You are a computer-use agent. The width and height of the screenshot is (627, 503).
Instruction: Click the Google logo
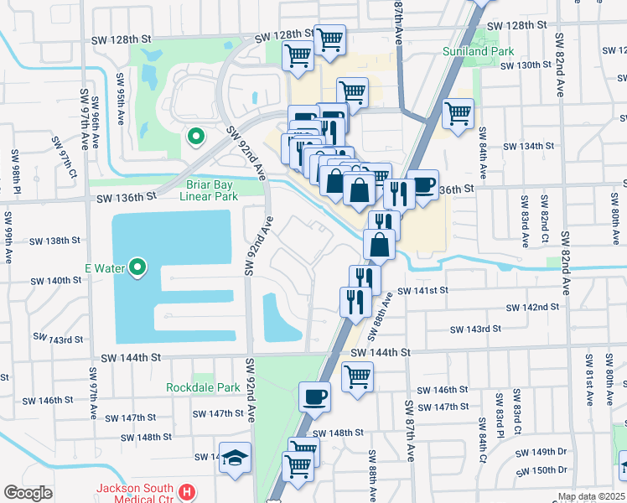(x=28, y=493)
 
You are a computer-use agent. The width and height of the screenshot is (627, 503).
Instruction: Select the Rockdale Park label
(x=203, y=387)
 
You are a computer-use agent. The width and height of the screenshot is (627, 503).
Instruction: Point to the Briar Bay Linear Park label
(x=209, y=190)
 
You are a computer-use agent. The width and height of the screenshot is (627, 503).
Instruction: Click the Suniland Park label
(x=478, y=50)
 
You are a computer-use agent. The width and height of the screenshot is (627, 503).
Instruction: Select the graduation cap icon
(x=236, y=458)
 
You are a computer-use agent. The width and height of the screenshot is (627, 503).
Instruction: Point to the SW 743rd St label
(x=58, y=339)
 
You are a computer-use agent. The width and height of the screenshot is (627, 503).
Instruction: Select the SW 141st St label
(x=424, y=290)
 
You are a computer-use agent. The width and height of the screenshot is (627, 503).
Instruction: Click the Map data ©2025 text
(x=589, y=496)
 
